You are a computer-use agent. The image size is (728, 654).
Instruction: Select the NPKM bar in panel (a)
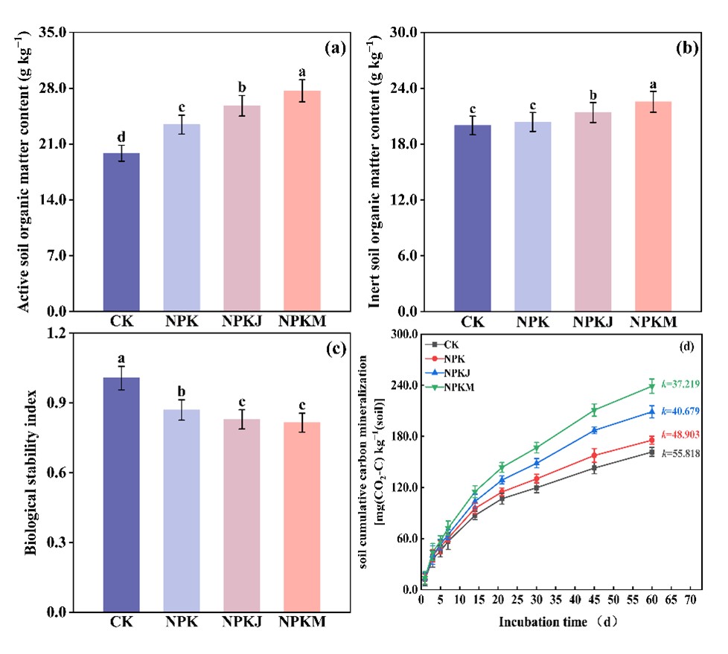(302, 201)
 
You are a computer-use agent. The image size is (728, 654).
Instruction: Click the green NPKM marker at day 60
(652, 386)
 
